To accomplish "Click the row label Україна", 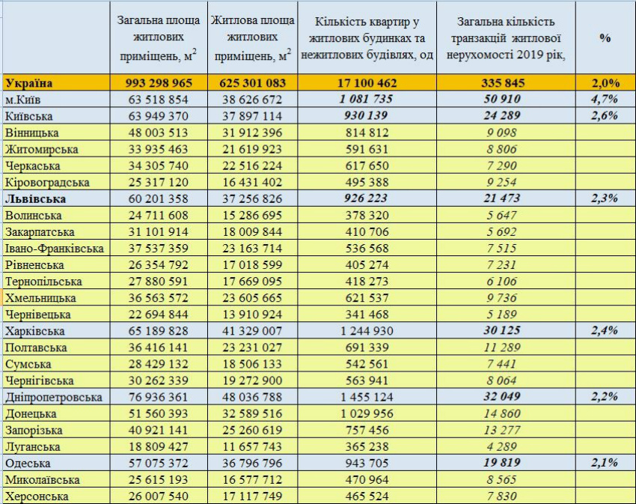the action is tap(28, 83).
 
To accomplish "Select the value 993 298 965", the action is tap(159, 83).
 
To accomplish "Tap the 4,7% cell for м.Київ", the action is tap(605, 99).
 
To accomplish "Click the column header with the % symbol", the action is tap(605, 37).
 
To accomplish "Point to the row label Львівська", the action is tap(35, 199).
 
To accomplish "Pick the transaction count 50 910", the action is tap(502, 99).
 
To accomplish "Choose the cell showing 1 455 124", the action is tap(367, 397).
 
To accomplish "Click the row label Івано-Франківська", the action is tap(55, 248).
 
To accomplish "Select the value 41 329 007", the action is tap(252, 331).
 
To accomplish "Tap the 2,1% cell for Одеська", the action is tap(605, 463).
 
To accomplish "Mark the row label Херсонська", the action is tap(37, 497).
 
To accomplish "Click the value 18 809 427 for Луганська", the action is tap(158, 447).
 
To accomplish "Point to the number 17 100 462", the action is tap(367, 83).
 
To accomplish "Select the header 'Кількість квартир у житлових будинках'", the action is tap(367, 30).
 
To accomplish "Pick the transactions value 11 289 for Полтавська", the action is tap(502, 347).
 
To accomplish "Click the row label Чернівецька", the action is tap(37, 315).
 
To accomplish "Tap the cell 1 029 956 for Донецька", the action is tap(367, 413).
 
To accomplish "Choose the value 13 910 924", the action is tap(252, 315).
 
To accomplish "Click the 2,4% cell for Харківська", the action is tap(605, 330).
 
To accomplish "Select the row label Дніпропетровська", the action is tap(54, 397).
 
